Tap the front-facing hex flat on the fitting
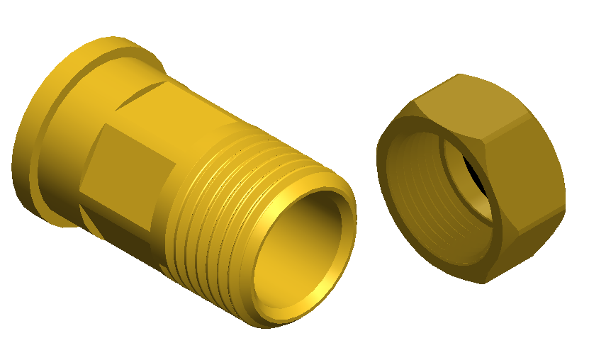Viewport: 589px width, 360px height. coord(128,170)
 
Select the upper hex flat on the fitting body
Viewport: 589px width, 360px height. coord(177,106)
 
